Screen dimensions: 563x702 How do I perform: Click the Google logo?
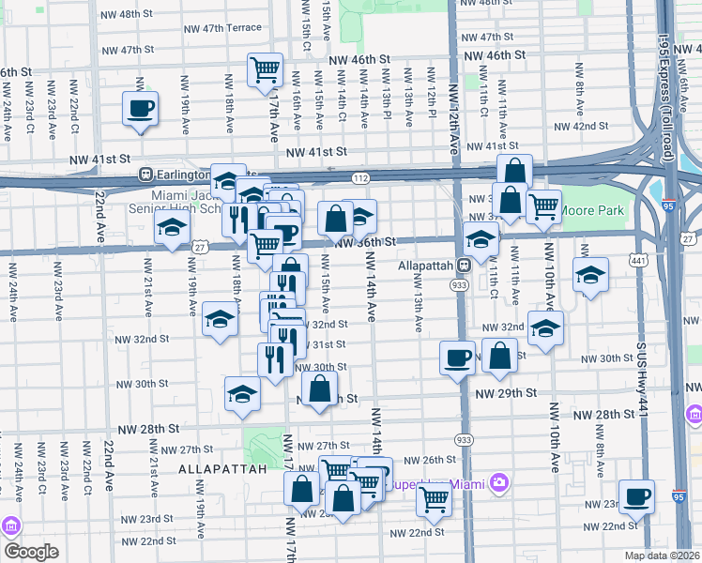(30, 552)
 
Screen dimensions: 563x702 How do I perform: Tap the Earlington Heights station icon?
(145, 175)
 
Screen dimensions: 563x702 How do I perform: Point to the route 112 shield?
(362, 176)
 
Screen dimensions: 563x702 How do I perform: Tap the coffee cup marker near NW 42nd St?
(140, 109)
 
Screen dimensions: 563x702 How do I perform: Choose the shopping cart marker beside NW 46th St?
(266, 69)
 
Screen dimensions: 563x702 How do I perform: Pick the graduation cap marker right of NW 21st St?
(172, 228)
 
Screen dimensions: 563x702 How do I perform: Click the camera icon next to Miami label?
(498, 482)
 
